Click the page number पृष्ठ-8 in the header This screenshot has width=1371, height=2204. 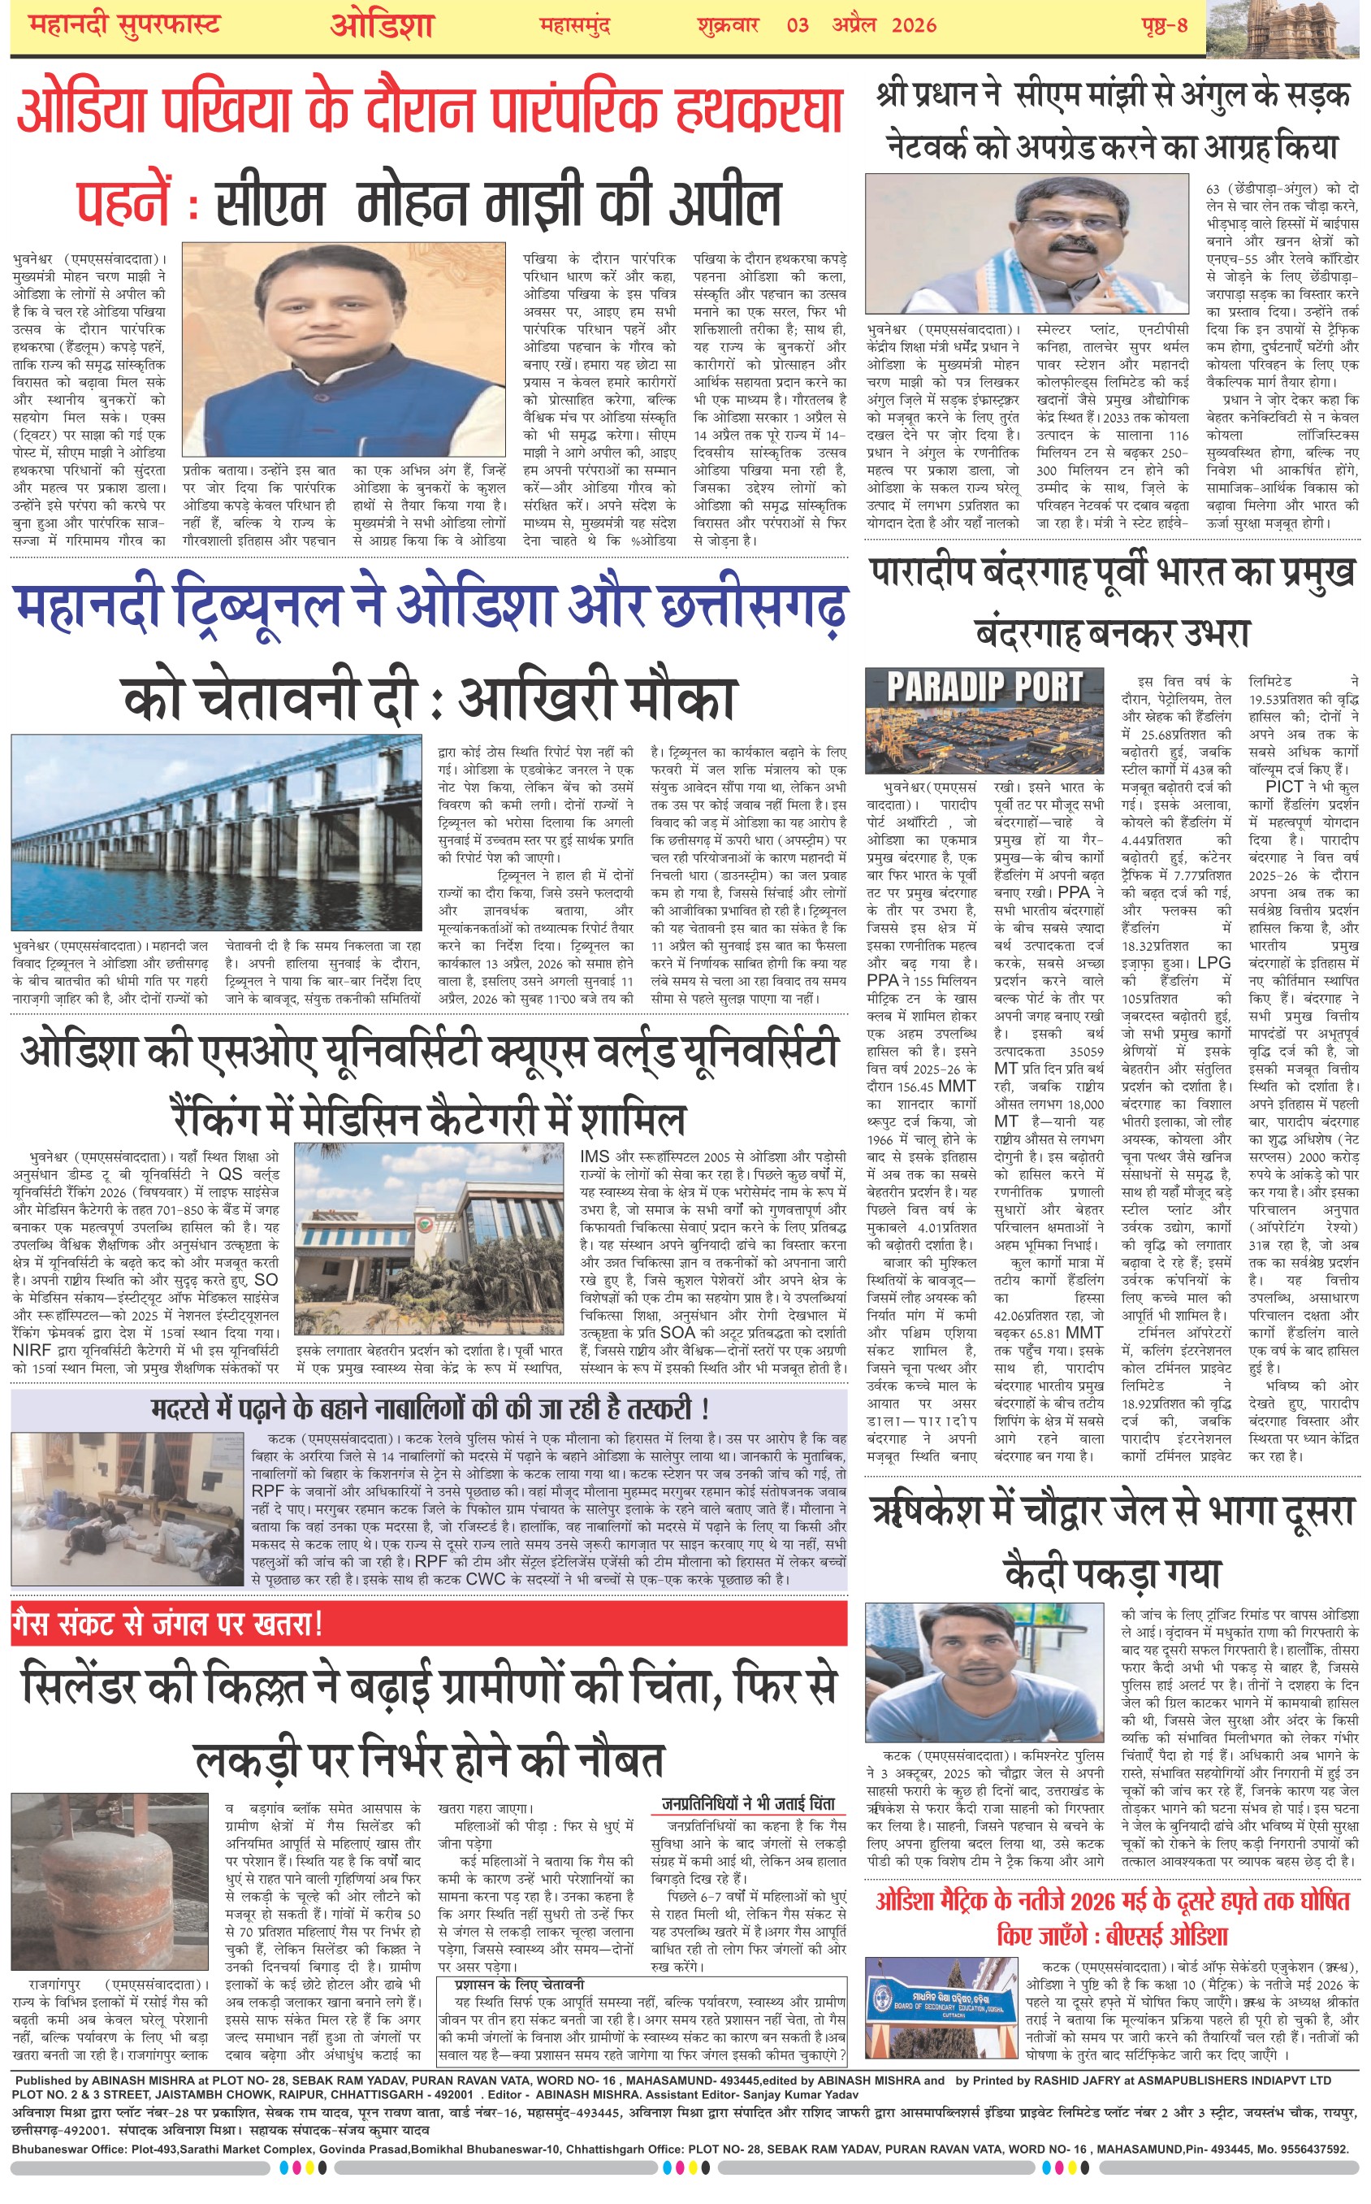click(1164, 25)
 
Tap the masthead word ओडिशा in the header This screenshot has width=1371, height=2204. click(382, 25)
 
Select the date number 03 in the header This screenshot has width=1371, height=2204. click(797, 25)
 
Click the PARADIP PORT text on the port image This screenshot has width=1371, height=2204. click(984, 688)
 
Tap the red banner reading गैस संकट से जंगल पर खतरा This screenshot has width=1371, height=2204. click(168, 1623)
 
